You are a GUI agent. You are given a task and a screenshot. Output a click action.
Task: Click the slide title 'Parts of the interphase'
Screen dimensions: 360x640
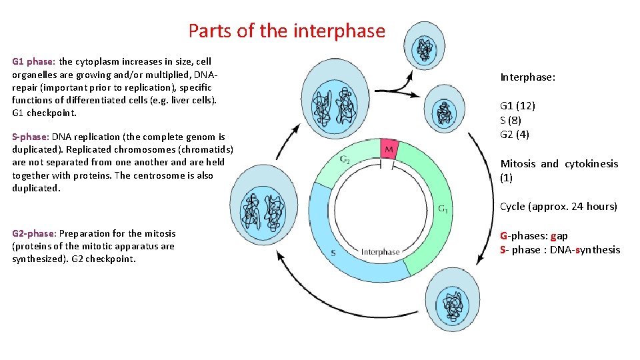(x=287, y=31)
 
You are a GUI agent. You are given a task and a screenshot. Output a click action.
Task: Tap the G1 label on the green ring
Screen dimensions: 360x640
(x=443, y=209)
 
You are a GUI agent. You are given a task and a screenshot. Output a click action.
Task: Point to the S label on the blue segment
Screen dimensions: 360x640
(x=333, y=253)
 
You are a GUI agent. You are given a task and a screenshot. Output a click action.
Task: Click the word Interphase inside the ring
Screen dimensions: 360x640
(x=380, y=252)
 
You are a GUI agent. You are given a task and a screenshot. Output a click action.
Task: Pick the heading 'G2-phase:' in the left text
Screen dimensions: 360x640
(x=35, y=234)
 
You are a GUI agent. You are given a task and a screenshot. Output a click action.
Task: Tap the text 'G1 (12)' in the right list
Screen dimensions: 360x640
(x=517, y=106)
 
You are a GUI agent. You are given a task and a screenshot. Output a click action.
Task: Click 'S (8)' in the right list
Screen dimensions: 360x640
(x=511, y=121)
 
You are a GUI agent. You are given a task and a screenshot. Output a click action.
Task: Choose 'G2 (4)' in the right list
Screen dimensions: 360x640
(x=515, y=135)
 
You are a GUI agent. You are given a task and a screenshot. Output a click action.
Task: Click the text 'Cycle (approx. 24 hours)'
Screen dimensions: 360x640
(x=559, y=207)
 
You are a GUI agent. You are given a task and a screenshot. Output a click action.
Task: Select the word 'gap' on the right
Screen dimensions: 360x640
(x=559, y=236)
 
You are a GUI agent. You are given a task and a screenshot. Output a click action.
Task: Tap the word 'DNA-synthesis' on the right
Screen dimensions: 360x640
(x=585, y=250)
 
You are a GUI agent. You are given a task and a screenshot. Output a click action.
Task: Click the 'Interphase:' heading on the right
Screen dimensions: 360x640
(x=527, y=77)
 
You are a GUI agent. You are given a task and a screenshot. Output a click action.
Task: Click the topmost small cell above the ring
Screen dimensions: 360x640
(x=425, y=47)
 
